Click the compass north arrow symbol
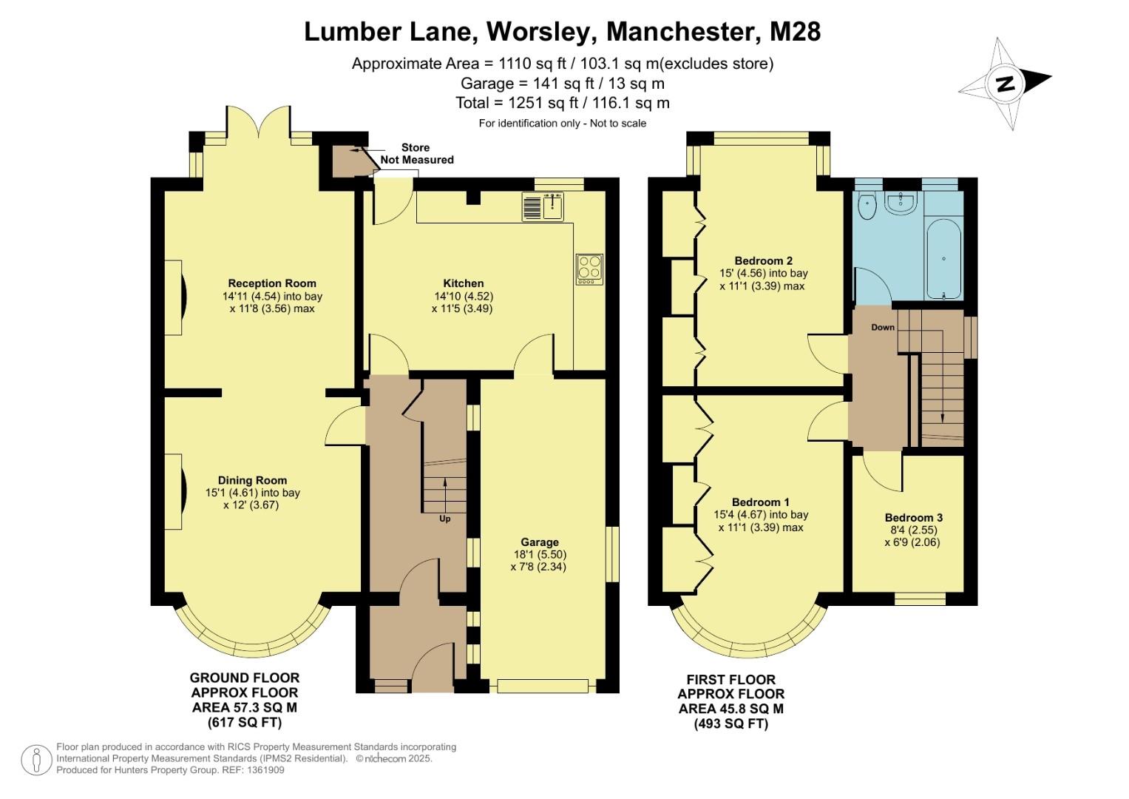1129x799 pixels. point(1005,83)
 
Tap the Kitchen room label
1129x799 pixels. point(463,283)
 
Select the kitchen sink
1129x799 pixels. point(543,206)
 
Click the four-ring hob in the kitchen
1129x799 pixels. point(589,269)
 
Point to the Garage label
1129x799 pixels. point(539,542)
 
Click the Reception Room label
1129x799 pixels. point(271,283)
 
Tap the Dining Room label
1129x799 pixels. point(252,480)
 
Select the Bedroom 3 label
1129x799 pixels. point(913,518)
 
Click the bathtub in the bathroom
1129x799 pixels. point(943,259)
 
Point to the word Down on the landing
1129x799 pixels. point(882,327)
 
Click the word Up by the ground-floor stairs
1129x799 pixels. point(445,519)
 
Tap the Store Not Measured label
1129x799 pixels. point(416,154)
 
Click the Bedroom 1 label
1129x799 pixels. point(761,502)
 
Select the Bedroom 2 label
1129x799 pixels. point(763,260)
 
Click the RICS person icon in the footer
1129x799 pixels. point(35,760)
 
